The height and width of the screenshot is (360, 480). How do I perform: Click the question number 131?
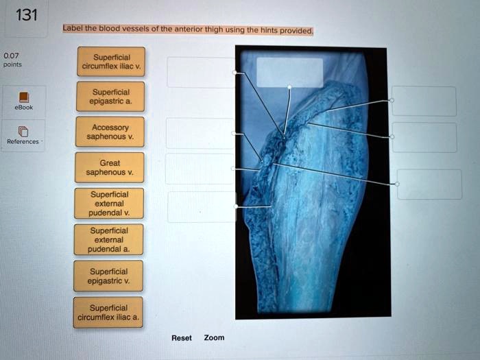pyautogui.click(x=26, y=15)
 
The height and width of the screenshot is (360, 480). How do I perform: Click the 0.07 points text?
pyautogui.click(x=12, y=59)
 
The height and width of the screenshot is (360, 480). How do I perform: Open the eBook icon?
pyautogui.click(x=23, y=97)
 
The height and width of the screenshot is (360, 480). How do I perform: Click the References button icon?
pyautogui.click(x=23, y=131)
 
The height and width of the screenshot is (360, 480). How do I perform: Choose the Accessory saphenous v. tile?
pyautogui.click(x=110, y=132)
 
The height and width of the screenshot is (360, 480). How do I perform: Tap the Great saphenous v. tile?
pyautogui.click(x=110, y=168)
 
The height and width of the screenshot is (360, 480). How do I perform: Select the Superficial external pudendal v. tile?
pyautogui.click(x=110, y=204)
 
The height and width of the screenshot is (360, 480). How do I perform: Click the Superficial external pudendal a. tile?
pyautogui.click(x=110, y=240)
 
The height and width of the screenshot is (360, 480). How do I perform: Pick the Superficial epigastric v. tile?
pyautogui.click(x=110, y=276)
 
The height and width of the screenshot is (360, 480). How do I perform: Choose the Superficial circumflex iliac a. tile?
pyautogui.click(x=110, y=312)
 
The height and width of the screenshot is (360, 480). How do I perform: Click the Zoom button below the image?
pyautogui.click(x=214, y=337)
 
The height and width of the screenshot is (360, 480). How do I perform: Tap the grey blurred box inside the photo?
pyautogui.click(x=289, y=72)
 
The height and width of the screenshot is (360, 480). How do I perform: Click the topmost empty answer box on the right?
pyautogui.click(x=424, y=101)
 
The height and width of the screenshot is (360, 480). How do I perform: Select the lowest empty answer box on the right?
pyautogui.click(x=429, y=184)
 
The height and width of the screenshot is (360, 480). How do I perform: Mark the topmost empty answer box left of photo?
pyautogui.click(x=200, y=72)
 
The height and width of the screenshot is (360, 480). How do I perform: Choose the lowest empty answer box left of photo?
pyautogui.click(x=201, y=206)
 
